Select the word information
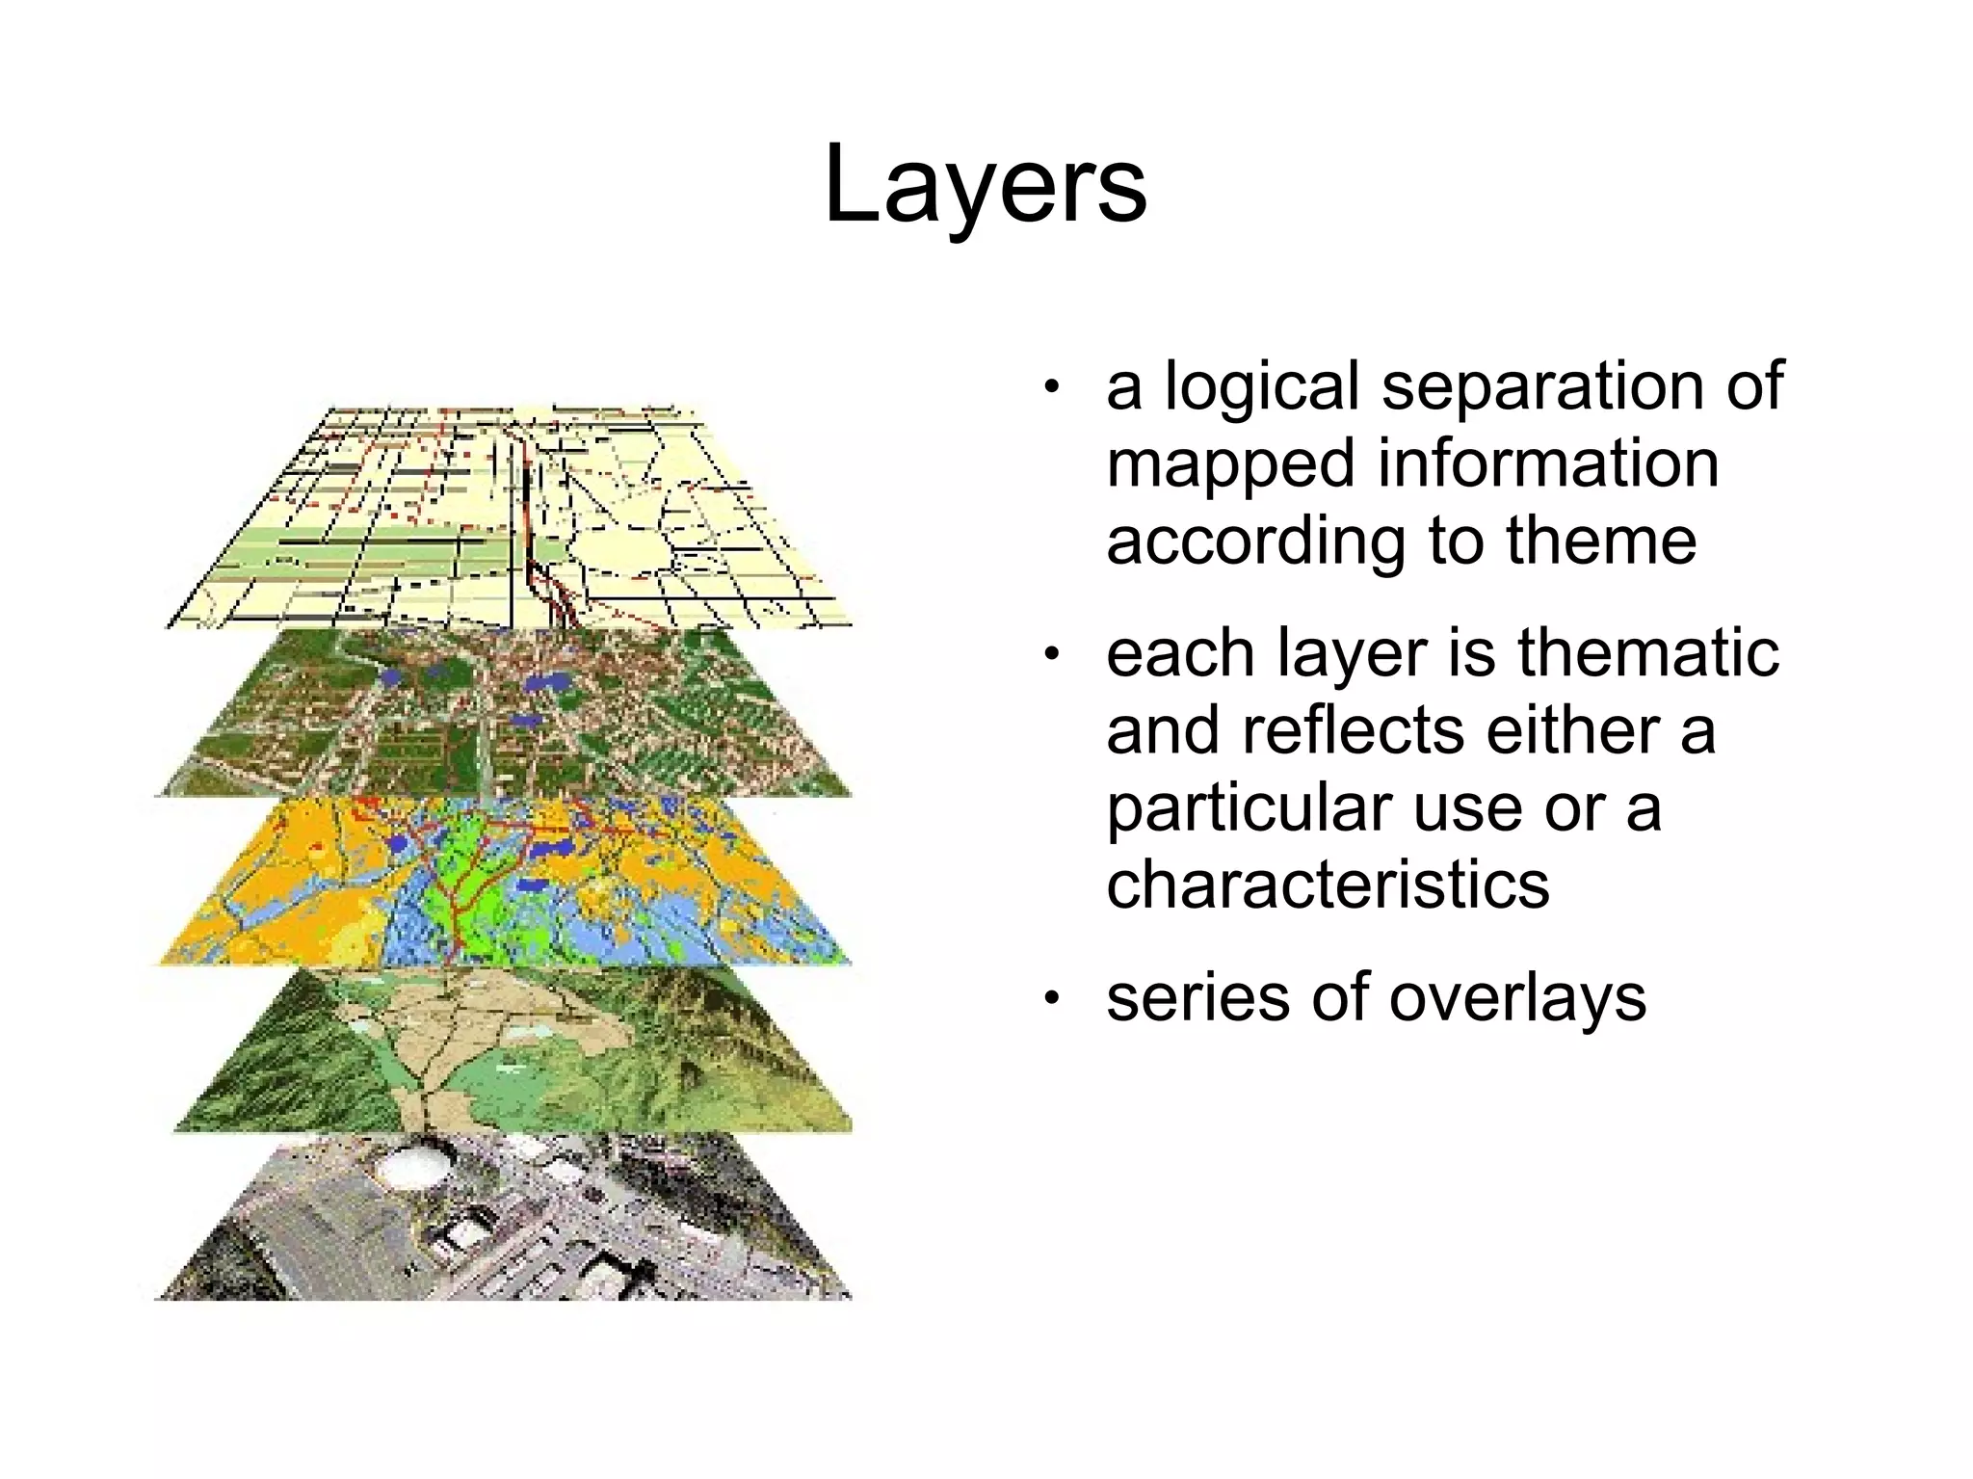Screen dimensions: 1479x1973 pyautogui.click(x=1548, y=463)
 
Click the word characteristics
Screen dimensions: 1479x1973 pyautogui.click(x=1328, y=884)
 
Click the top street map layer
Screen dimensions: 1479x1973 pyautogui.click(x=511, y=520)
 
